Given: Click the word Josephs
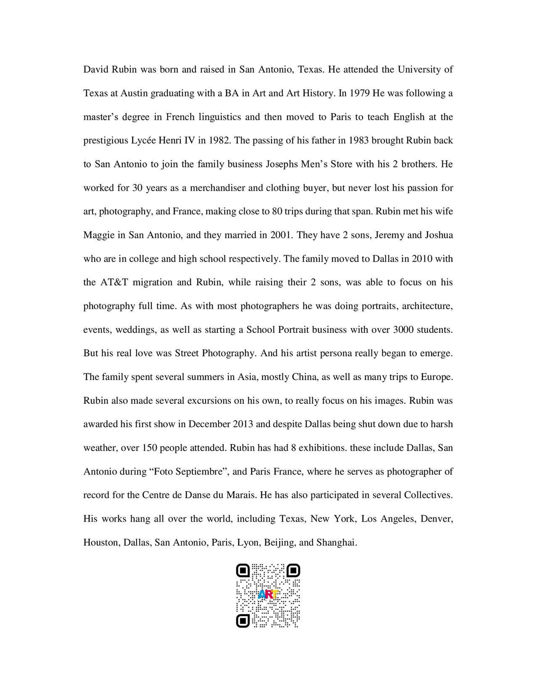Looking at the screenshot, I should (x=282, y=164).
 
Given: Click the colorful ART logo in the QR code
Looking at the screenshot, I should (x=268, y=594).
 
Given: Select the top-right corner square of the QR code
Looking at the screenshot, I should (x=293, y=571).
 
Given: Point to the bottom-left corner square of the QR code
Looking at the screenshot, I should (x=243, y=620).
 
